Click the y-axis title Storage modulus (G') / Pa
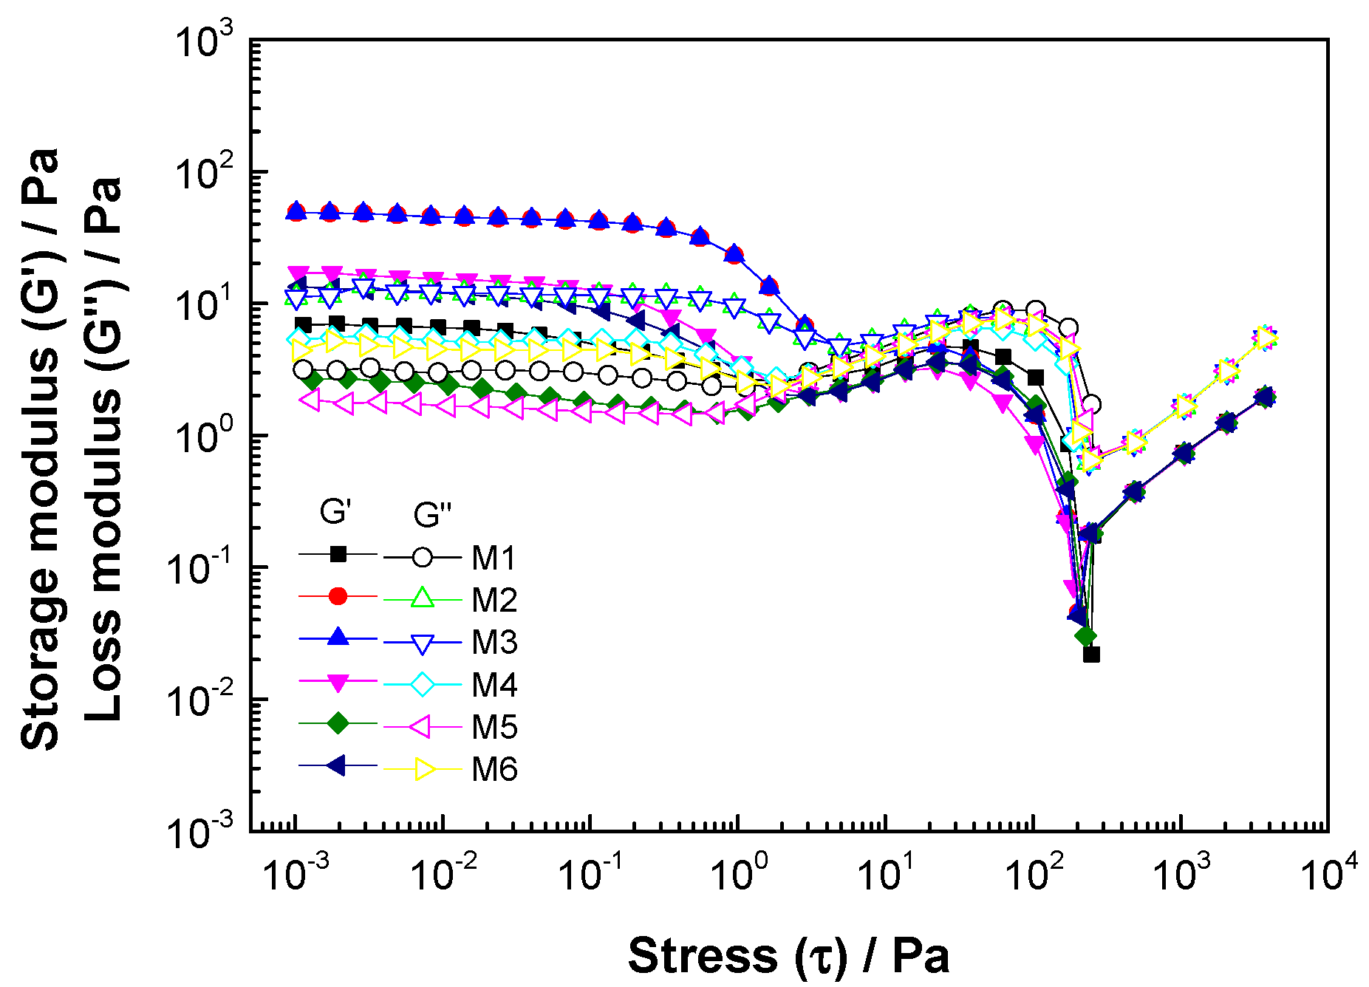[x=41, y=448]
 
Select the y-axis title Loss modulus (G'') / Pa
[x=103, y=448]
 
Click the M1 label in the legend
[x=494, y=558]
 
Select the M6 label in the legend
[x=494, y=770]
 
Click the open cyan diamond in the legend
[x=422, y=685]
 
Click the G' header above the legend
[x=335, y=511]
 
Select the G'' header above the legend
[x=431, y=514]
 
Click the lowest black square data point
[x=1091, y=655]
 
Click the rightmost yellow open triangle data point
[x=1266, y=338]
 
